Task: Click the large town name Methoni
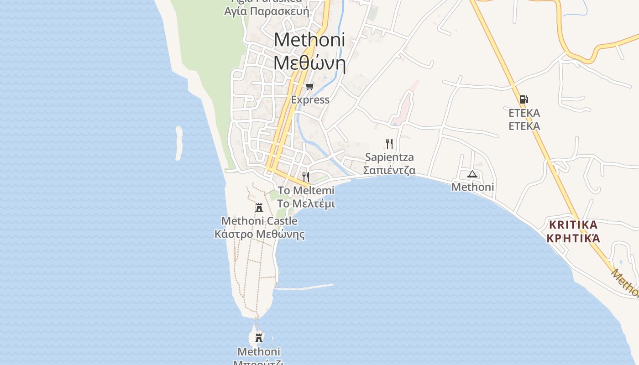[309, 40]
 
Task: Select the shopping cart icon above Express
[310, 86]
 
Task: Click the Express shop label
[310, 100]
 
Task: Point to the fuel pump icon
[524, 99]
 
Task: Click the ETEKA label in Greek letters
[524, 126]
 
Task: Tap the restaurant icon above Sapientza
[389, 144]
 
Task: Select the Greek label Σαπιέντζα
[389, 171]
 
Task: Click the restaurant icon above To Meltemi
[306, 177]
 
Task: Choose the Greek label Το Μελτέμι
[306, 203]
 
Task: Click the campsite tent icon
[472, 174]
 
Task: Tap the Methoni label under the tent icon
[472, 187]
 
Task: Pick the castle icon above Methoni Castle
[259, 208]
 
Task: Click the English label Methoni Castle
[259, 221]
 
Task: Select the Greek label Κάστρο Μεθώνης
[259, 235]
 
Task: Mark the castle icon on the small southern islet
[259, 338]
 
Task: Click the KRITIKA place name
[573, 225]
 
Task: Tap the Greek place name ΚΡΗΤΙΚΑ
[573, 238]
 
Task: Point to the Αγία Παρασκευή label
[267, 11]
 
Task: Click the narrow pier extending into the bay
[304, 287]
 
